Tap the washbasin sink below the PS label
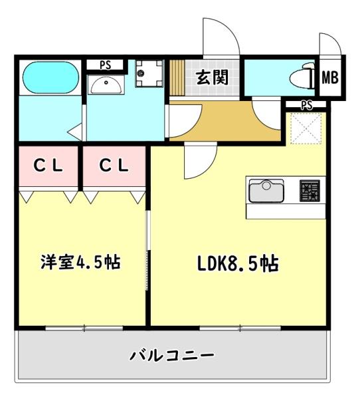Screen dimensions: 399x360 click(105, 84)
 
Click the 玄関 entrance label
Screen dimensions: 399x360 click(212, 77)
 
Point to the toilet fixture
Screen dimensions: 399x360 click(302, 77)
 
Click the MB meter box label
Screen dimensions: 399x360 click(330, 78)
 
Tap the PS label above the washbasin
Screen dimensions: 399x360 click(105, 65)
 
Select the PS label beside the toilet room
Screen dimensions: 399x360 click(306, 104)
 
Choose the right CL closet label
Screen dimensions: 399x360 click(114, 167)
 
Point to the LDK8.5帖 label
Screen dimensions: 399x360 click(237, 263)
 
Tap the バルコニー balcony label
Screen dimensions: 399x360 click(171, 354)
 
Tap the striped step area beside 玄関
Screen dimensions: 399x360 click(177, 78)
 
